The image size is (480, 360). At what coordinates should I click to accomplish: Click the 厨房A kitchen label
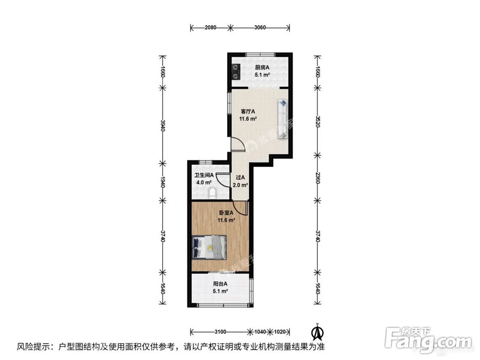click(262, 67)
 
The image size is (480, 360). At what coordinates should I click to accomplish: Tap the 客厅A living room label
click(248, 112)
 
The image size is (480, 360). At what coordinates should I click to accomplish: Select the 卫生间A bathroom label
click(204, 176)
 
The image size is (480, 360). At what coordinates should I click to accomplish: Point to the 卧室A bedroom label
click(226, 213)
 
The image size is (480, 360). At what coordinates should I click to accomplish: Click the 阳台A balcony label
click(220, 284)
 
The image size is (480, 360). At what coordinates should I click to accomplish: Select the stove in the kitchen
click(236, 71)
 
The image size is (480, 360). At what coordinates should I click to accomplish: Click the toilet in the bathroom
click(212, 193)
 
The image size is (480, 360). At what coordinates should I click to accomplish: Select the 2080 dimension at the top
click(210, 27)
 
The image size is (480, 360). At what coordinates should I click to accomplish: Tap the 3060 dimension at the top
click(260, 27)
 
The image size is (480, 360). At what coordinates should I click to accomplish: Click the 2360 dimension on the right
click(317, 177)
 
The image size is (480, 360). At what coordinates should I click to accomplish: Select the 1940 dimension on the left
click(163, 182)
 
